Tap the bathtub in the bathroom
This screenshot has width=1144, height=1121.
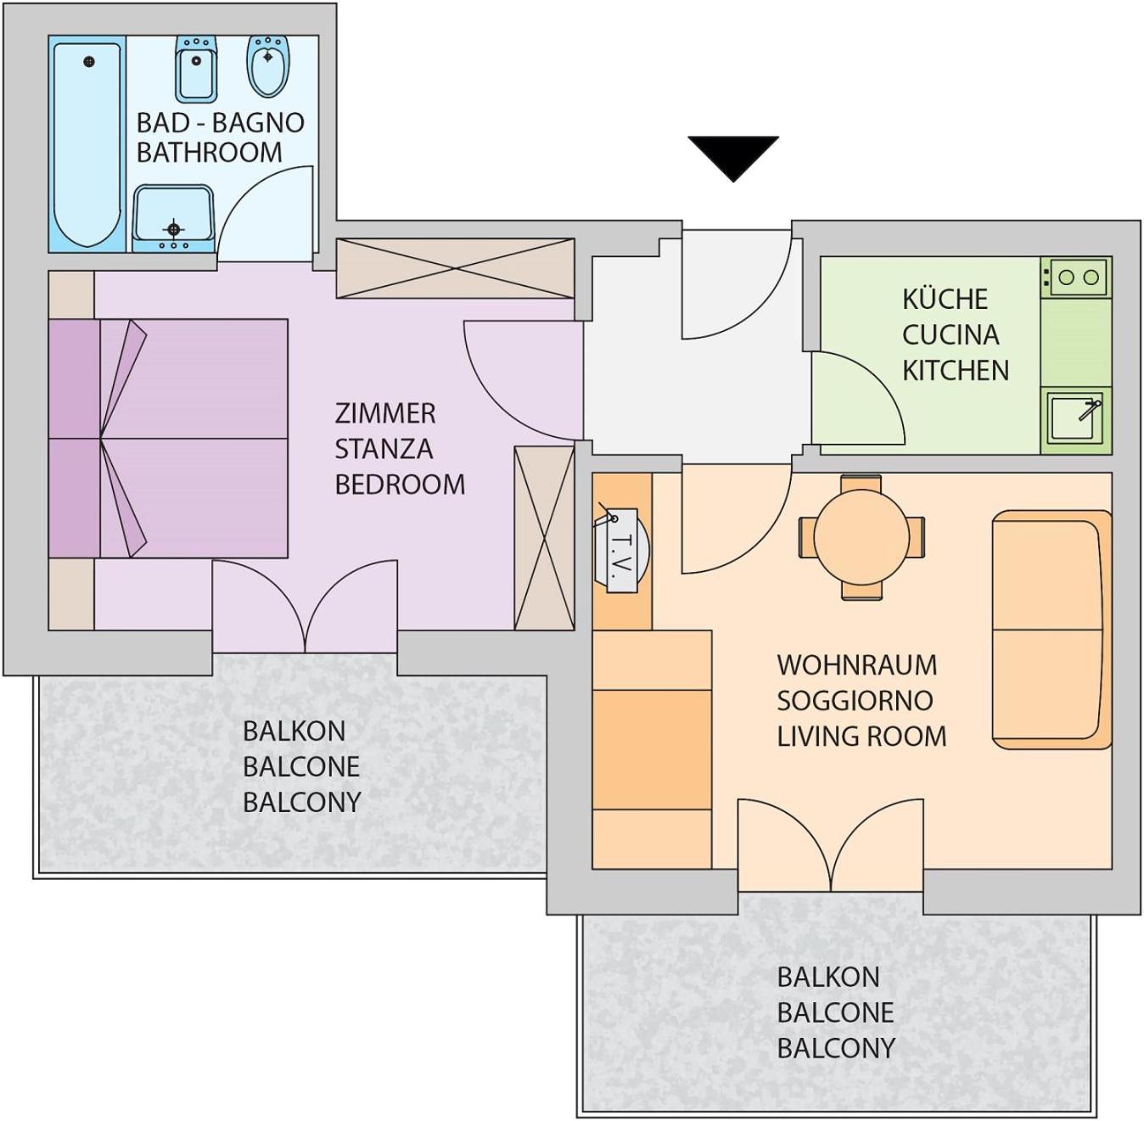click(87, 144)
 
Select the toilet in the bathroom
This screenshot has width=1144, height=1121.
click(268, 65)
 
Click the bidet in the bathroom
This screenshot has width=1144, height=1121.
click(196, 67)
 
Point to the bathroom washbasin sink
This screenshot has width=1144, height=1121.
click(173, 219)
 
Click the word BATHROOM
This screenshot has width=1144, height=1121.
click(209, 153)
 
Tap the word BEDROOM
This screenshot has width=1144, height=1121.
click(400, 485)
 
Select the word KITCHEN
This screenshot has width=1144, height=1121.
click(956, 371)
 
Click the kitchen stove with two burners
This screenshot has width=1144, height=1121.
click(1076, 277)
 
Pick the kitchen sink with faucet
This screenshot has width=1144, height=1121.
click(1076, 418)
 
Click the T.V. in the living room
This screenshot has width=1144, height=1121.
click(620, 550)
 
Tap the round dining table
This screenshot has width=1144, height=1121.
click(861, 537)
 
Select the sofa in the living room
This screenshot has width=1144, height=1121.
click(1051, 630)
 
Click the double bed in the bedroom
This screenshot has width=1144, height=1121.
click(168, 439)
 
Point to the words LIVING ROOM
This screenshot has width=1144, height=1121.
click(861, 737)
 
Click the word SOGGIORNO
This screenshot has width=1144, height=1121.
click(855, 701)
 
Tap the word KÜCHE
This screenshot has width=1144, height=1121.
click(945, 299)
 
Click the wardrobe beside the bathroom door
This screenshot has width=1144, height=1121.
click(456, 268)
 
